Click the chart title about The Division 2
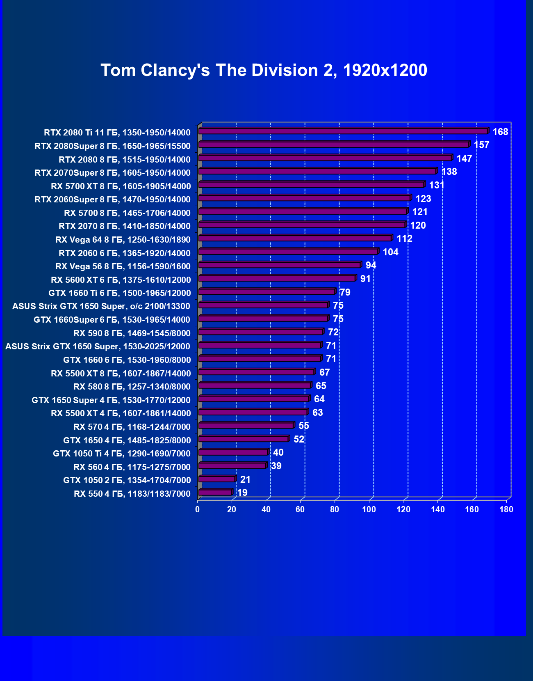(264, 70)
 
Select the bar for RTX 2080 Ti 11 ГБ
(343, 131)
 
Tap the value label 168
(500, 132)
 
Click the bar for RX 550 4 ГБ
(215, 492)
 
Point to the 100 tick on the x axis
(369, 509)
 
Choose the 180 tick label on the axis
(506, 509)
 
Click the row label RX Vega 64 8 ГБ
(123, 240)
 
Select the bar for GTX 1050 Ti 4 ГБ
(233, 452)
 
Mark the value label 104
(390, 252)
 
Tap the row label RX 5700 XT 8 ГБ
(121, 186)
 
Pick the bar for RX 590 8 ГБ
(261, 332)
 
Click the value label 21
(245, 479)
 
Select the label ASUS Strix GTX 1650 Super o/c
(101, 306)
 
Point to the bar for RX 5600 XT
(277, 278)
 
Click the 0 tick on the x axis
(198, 509)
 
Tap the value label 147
(464, 158)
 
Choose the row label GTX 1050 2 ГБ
(127, 480)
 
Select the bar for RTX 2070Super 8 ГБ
(317, 172)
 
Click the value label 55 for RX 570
(303, 426)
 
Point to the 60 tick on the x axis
(300, 509)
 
